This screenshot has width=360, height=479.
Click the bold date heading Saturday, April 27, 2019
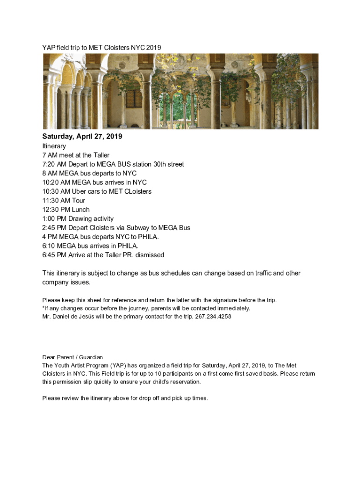coord(82,137)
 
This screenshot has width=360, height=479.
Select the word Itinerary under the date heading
coord(54,146)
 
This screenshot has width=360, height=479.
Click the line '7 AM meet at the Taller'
coord(76,155)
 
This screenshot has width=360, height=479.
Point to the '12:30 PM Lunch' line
coord(66,210)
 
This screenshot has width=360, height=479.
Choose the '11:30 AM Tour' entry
coord(64,201)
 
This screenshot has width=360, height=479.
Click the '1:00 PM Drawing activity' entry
coord(78,219)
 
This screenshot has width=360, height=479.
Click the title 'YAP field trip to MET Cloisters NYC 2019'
coord(101,47)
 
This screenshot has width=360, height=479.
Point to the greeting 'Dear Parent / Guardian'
coord(72,357)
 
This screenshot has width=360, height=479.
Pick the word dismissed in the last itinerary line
coord(150,255)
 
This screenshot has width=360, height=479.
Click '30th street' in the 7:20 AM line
coord(168,164)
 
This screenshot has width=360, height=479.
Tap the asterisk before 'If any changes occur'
coord(43,308)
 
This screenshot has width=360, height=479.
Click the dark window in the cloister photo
coord(134,99)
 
